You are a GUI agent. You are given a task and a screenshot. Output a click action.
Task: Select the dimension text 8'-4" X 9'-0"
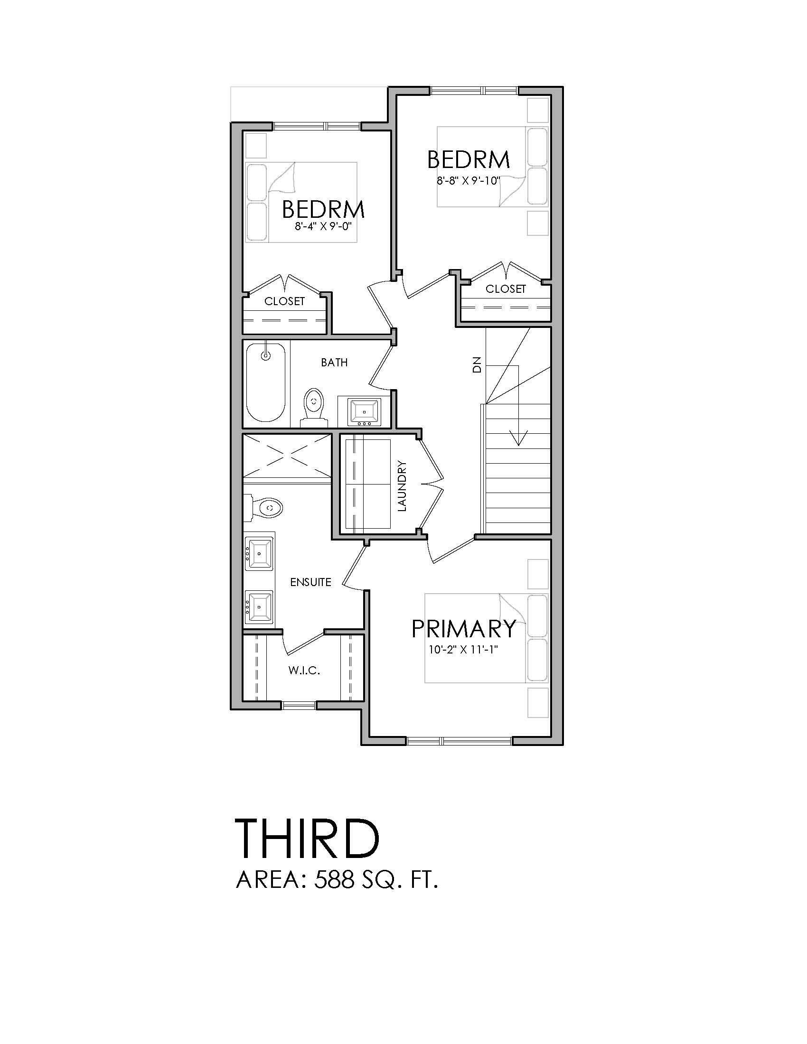tap(323, 225)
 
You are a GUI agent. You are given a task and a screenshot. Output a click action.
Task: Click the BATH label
tap(334, 363)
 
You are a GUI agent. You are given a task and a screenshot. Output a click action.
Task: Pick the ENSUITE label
tap(311, 582)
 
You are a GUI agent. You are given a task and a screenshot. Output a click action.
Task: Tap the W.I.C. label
tap(304, 671)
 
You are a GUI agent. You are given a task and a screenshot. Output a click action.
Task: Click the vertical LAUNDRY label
tap(402, 485)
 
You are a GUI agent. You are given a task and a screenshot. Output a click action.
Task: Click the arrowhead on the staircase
tap(519, 438)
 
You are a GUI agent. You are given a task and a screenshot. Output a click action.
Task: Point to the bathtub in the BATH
tap(266, 382)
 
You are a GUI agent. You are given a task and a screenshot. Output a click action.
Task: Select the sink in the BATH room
tap(365, 410)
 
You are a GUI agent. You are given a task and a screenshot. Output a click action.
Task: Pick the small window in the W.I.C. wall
tap(299, 705)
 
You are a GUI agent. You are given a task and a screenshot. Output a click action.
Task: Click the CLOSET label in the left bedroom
tap(284, 301)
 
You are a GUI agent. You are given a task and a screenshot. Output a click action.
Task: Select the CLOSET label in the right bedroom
tap(506, 289)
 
